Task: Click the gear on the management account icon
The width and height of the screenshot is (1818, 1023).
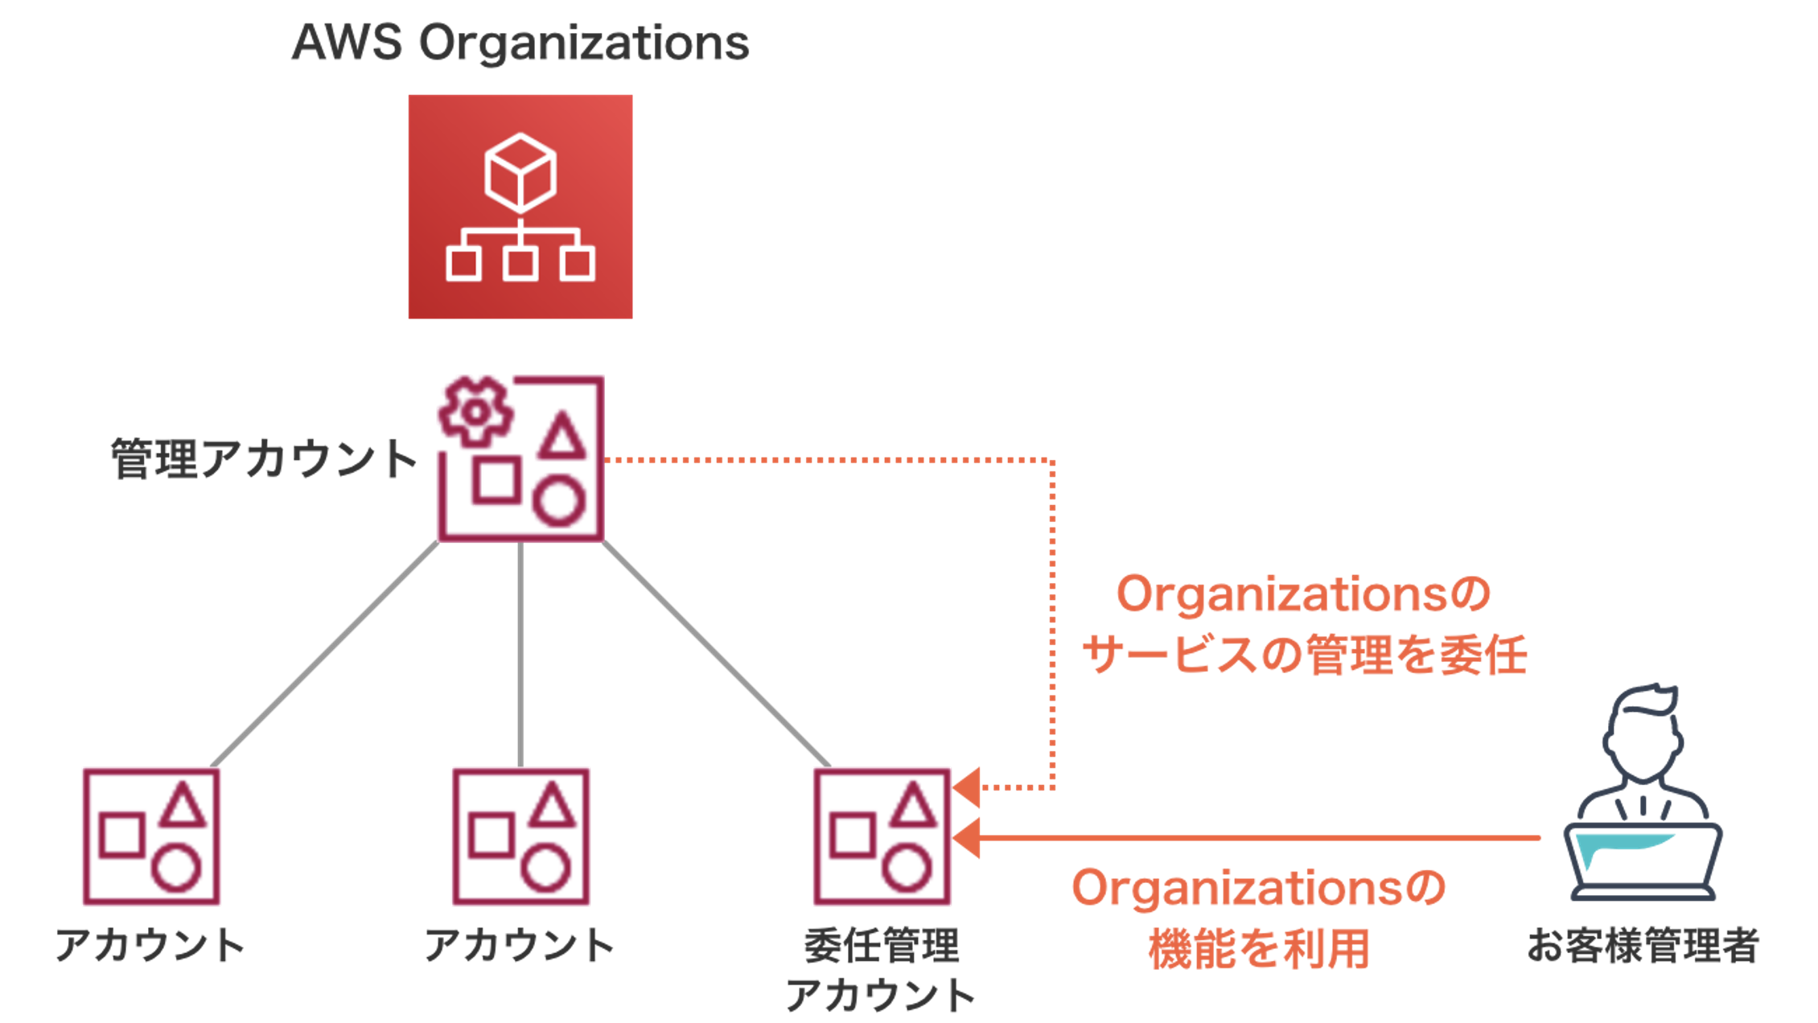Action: tap(475, 413)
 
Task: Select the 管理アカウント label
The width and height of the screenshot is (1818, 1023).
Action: tap(264, 459)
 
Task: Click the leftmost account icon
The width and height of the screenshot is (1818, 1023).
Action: tap(151, 836)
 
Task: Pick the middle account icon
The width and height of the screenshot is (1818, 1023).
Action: tap(520, 836)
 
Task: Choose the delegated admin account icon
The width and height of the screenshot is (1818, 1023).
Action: tap(882, 836)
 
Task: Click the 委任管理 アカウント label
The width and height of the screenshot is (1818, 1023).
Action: tap(882, 969)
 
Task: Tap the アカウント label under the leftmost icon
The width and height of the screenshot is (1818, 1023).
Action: tap(150, 945)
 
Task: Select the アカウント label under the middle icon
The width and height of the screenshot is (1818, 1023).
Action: tap(520, 945)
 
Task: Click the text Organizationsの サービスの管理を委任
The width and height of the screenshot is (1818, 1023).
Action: tap(1303, 624)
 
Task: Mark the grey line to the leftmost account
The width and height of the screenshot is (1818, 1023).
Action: tap(325, 654)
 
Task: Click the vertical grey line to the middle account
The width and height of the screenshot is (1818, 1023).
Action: tap(520, 654)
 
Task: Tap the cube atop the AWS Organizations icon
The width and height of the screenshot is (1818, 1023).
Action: tap(520, 171)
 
